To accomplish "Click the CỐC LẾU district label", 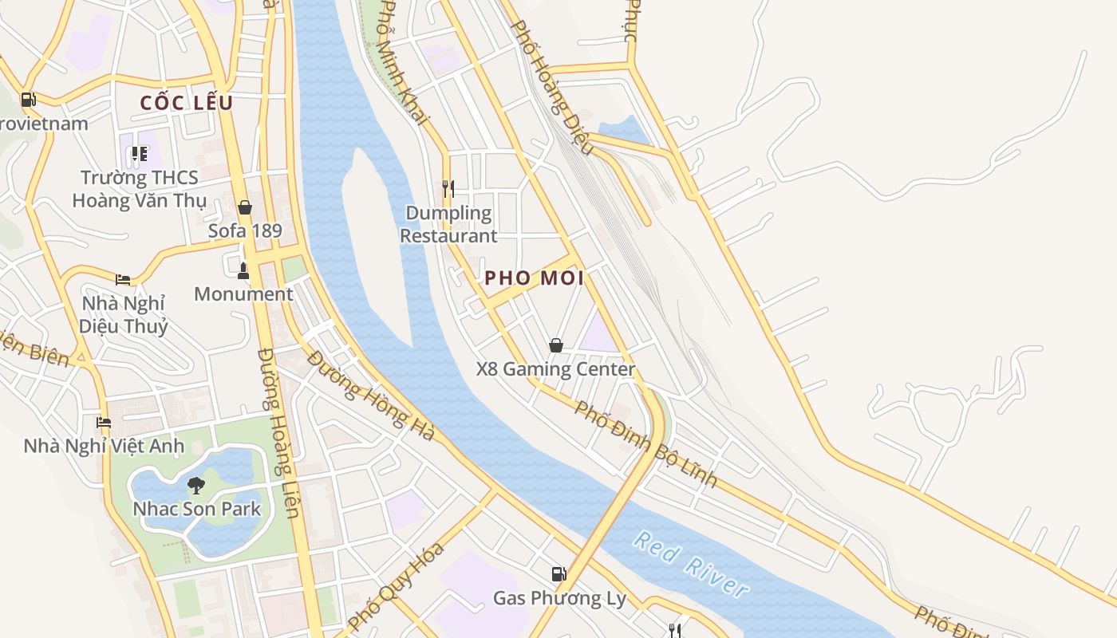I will click(x=187, y=103).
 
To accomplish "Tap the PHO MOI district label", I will click(x=535, y=278).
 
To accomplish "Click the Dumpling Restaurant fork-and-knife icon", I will click(x=448, y=189).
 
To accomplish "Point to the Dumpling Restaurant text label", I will click(x=448, y=224).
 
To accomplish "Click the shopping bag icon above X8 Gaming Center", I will click(x=556, y=345).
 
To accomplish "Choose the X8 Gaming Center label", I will click(x=555, y=369).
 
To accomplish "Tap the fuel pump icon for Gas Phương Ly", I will click(x=559, y=573).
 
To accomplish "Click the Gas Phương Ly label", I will click(x=559, y=598).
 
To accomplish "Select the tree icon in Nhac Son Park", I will click(x=195, y=485).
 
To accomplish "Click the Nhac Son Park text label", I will click(x=197, y=509).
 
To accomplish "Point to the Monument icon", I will click(x=243, y=271).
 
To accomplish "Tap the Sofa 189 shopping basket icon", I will click(x=245, y=207).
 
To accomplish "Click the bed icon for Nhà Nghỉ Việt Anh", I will click(x=104, y=422).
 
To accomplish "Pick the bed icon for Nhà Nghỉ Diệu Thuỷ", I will click(x=123, y=279).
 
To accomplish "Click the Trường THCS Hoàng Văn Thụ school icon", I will click(x=140, y=154).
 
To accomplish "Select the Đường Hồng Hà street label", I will click(x=371, y=396).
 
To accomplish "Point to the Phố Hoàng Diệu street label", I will click(x=551, y=88).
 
